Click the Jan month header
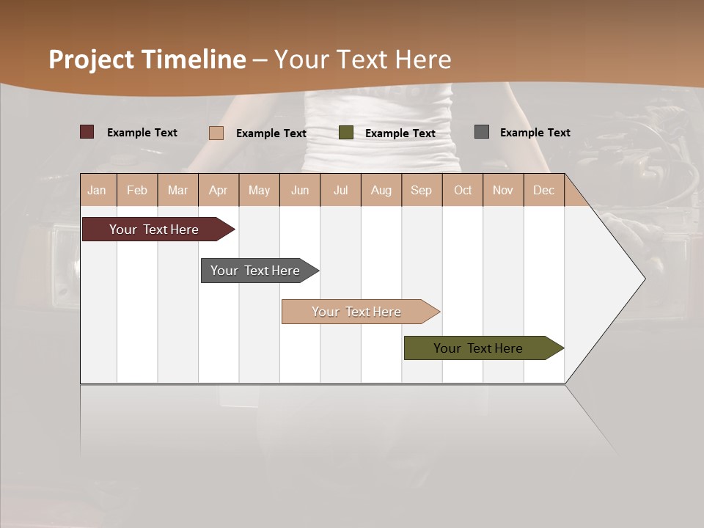tap(97, 190)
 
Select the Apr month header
tap(218, 190)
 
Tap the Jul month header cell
tap(340, 190)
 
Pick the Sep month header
tap(421, 190)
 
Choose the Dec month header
tap(543, 190)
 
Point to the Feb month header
tap(137, 190)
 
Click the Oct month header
tap(463, 190)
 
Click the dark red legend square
tap(87, 132)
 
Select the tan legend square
tap(216, 133)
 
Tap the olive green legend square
tap(346, 133)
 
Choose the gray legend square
tap(482, 132)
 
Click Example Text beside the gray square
tap(535, 133)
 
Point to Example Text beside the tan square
tap(271, 133)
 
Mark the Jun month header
tap(300, 190)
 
